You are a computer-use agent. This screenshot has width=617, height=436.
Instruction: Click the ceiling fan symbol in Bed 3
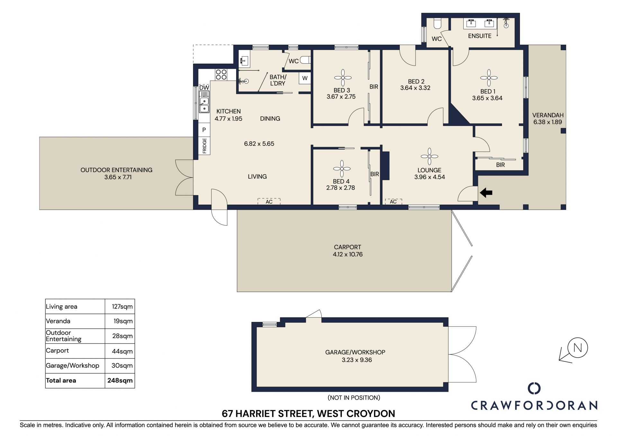coord(343,78)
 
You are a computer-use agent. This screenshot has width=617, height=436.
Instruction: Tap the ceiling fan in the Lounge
coord(429,156)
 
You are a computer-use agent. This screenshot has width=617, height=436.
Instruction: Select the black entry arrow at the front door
coord(486,193)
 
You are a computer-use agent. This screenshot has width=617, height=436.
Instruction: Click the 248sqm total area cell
coord(120,380)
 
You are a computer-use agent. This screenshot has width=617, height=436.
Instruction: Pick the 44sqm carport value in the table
coord(122,351)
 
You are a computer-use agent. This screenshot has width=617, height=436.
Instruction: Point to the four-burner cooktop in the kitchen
coord(221,75)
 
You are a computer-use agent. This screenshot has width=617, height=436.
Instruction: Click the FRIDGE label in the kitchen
coord(204,146)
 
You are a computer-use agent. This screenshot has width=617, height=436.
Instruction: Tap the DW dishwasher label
coord(204,87)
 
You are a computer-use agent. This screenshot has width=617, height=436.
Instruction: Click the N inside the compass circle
coord(577,348)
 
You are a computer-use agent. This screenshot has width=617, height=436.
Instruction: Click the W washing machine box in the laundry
coord(305,78)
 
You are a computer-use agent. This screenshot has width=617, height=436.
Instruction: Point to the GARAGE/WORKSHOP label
coord(355,352)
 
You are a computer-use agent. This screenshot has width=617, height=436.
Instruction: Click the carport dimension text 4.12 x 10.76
coord(348,254)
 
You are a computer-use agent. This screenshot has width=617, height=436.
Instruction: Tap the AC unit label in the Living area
coord(269,201)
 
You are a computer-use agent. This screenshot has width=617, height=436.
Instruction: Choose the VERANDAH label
coord(548,115)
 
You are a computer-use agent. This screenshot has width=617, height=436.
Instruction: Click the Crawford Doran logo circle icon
coord(534,388)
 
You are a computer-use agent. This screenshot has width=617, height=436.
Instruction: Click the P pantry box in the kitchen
coord(204,130)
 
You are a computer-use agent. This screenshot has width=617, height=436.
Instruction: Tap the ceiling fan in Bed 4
coord(342,169)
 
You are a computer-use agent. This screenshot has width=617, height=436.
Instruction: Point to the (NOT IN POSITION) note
coord(354,398)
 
